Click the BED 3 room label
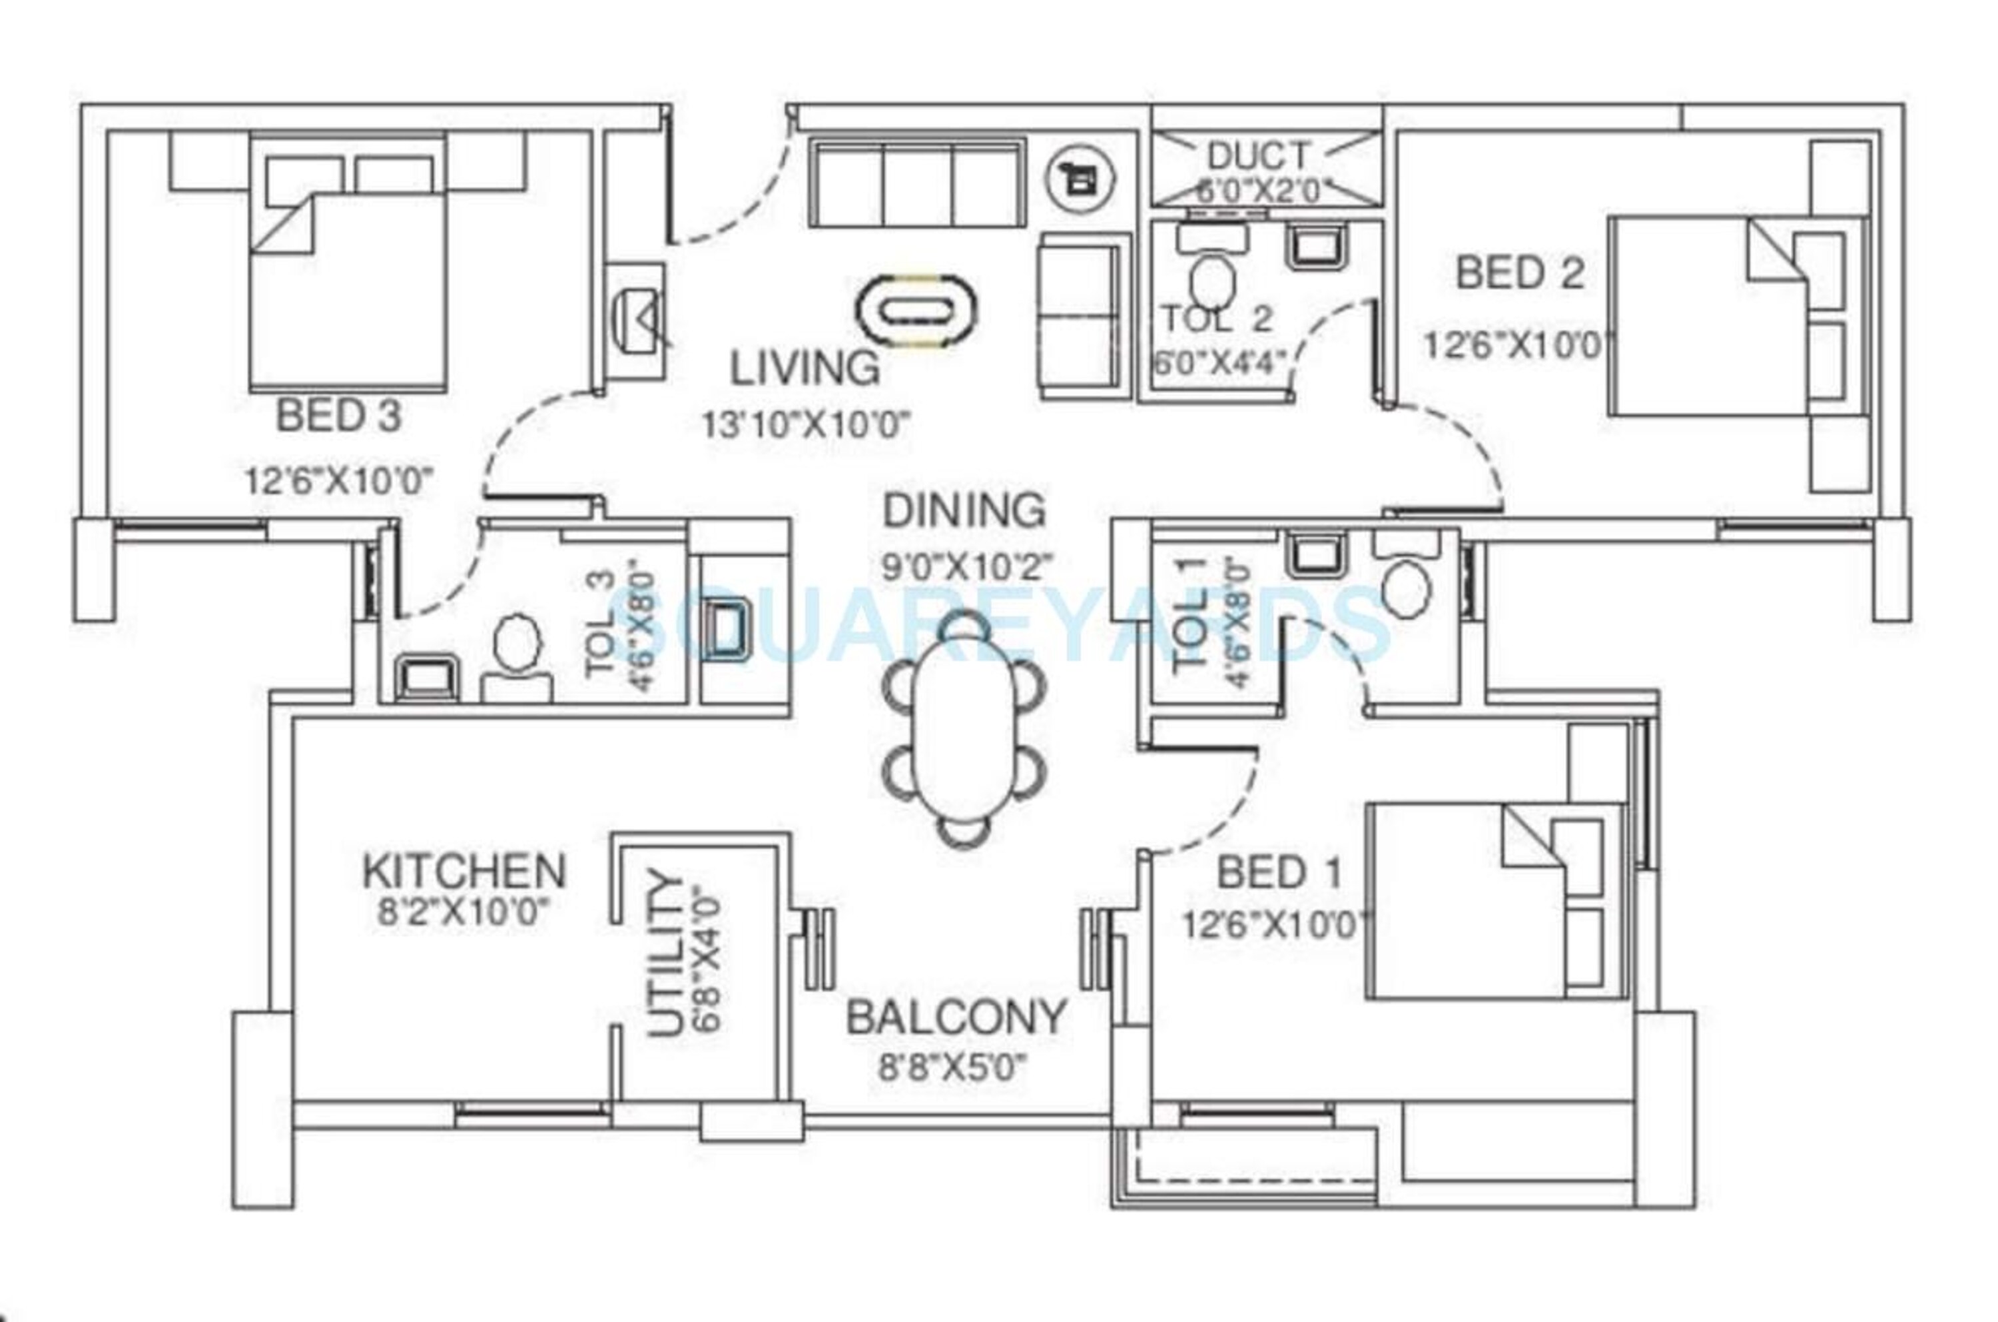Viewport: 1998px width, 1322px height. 339,416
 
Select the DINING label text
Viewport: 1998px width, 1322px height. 964,511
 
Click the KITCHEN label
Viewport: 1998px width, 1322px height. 464,871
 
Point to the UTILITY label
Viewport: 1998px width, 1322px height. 666,956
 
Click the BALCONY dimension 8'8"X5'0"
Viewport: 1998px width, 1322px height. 953,1069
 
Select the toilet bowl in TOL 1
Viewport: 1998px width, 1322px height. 1407,589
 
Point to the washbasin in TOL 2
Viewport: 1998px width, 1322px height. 1315,245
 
